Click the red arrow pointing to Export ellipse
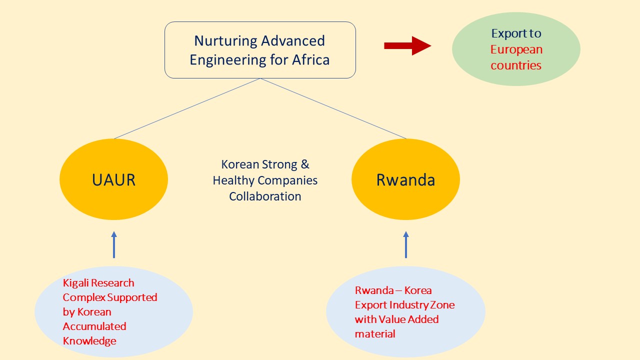tap(407, 45)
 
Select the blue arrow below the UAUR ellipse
tap(114, 244)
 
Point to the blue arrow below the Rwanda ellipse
tap(406, 244)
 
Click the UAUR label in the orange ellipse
tap(113, 180)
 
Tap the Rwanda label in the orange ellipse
tap(405, 180)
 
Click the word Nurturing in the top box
tap(225, 41)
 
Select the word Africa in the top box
tap(311, 59)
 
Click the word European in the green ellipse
tap(516, 50)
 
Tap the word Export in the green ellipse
tap(506, 33)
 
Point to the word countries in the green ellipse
tap(516, 65)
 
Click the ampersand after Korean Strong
tap(305, 164)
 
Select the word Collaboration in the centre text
tap(265, 196)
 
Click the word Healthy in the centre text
tap(233, 181)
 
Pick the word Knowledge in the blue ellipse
tap(89, 341)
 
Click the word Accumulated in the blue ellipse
tap(94, 326)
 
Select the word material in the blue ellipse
tap(375, 333)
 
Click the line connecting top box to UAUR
tap(187, 108)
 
